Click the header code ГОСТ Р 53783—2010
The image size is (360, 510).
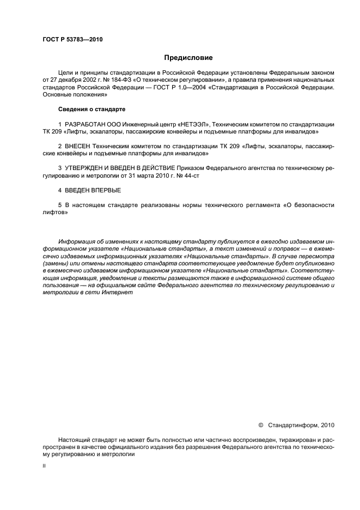pos(72,40)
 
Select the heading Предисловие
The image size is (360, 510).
pos(188,57)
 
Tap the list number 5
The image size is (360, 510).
pos(59,205)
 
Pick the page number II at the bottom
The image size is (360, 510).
pos(44,466)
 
